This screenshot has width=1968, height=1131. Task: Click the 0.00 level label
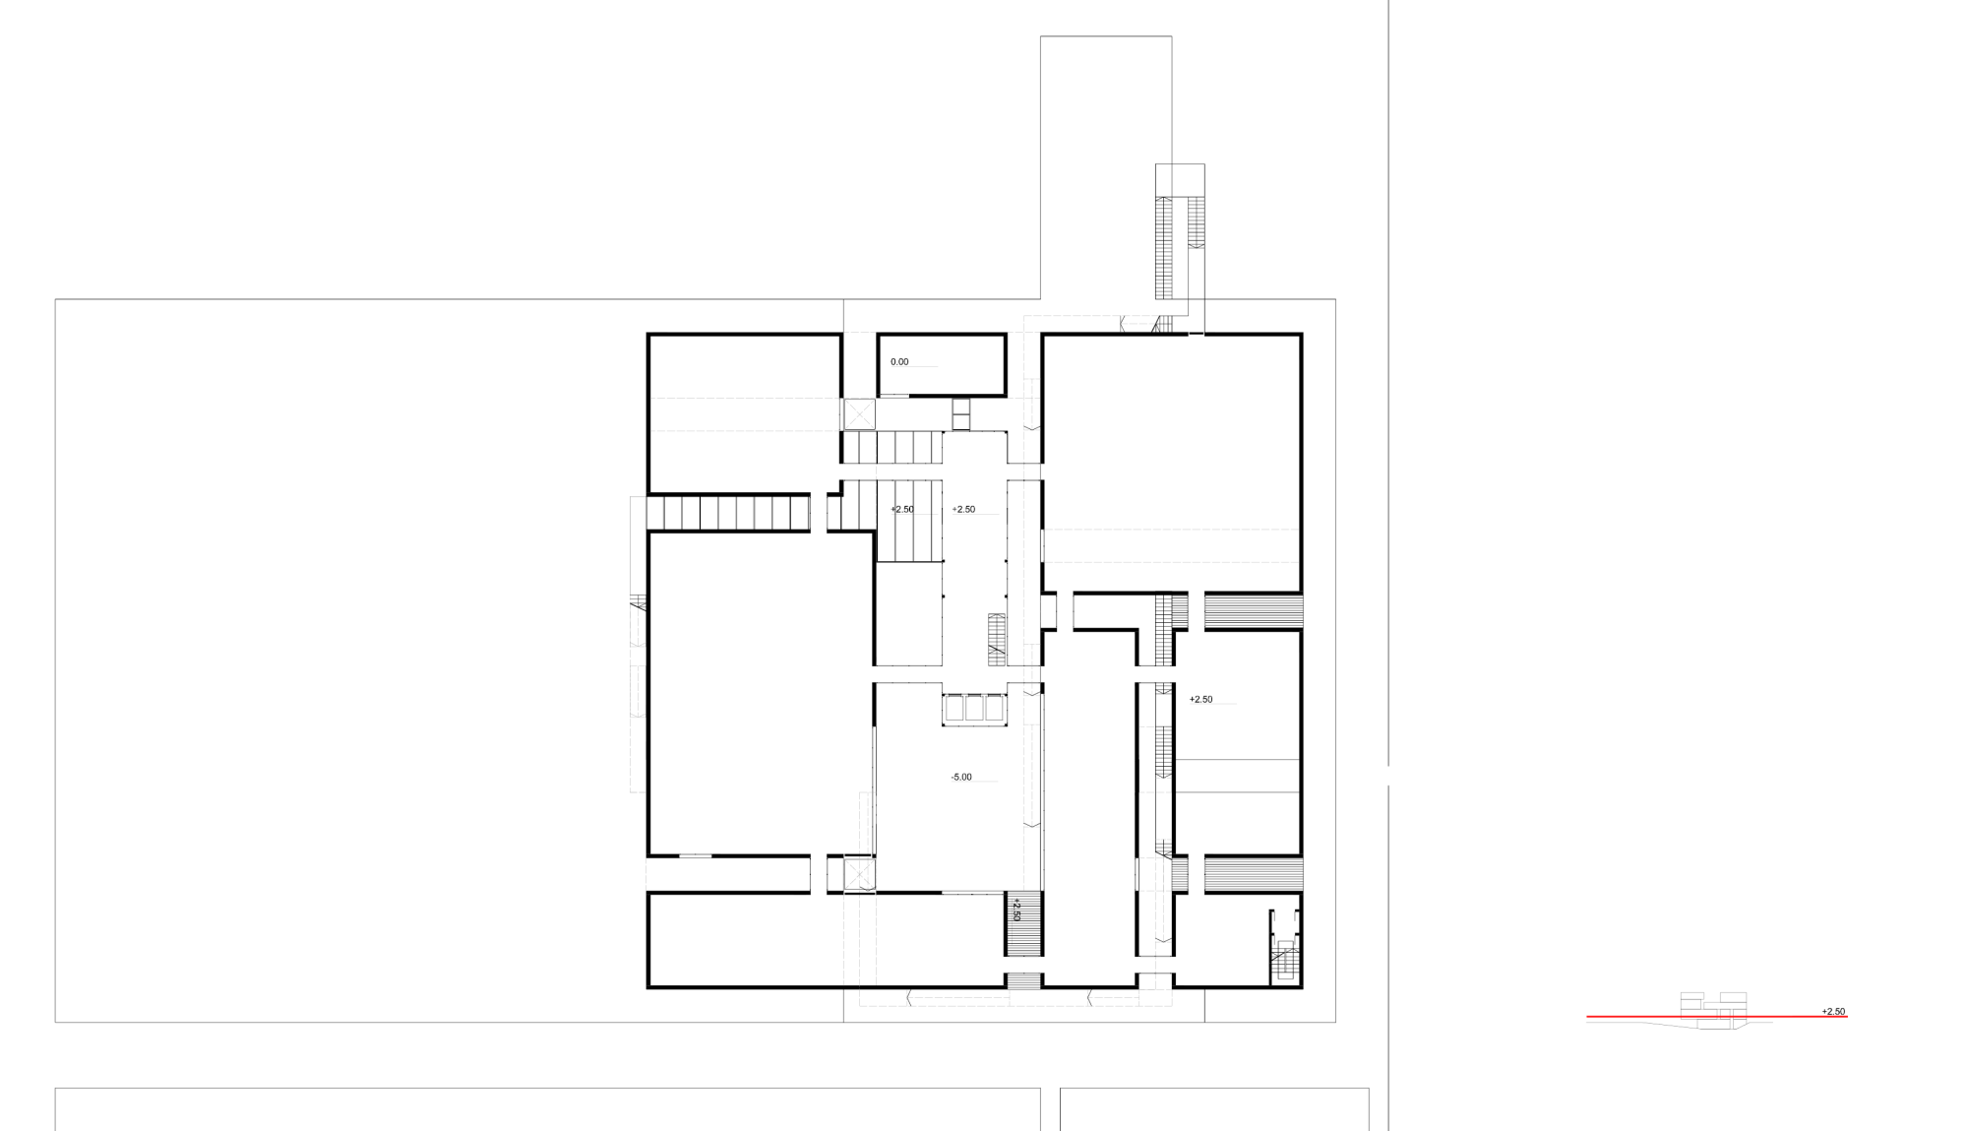pos(899,362)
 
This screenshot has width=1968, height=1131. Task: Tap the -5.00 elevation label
pos(961,778)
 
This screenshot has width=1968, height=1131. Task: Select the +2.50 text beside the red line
pos(1833,1012)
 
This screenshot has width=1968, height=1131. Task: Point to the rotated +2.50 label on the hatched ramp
pos(1016,909)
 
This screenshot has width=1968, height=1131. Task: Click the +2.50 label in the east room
pos(1200,700)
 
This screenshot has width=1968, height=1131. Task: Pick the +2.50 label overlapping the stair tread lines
pos(902,510)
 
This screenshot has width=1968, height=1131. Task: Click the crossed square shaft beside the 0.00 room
pos(858,413)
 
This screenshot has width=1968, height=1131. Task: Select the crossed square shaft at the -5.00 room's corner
pos(859,874)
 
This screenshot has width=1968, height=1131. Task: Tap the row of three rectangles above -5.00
pos(974,710)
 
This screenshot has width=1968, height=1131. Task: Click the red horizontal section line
pos(1716,1016)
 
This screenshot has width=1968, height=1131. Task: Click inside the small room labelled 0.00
pos(942,366)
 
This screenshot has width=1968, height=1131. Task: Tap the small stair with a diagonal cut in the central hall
pos(997,636)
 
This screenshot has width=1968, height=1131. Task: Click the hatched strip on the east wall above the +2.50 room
pos(1254,611)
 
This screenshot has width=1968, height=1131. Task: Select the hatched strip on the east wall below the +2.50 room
pos(1254,875)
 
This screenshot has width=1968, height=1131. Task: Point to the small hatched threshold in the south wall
pos(1023,981)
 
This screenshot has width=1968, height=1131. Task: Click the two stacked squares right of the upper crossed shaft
pos(961,414)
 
